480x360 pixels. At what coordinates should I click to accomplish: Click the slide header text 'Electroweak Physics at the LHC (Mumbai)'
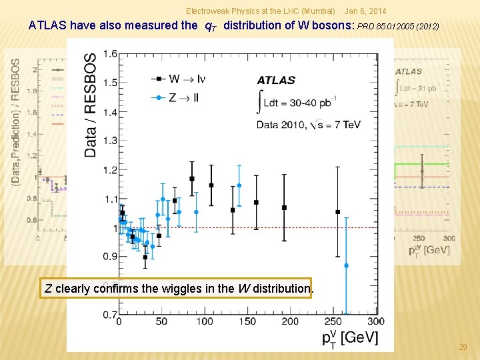260,11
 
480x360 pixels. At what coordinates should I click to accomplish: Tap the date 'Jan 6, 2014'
365,11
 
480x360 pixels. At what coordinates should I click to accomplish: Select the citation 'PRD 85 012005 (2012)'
398,27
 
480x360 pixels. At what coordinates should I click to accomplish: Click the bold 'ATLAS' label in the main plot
276,80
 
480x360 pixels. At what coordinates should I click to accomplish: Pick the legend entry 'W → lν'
187,79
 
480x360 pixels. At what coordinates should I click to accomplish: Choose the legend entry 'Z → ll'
185,97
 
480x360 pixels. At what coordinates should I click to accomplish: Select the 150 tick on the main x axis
247,321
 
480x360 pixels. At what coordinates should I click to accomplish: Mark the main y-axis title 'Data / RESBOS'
90,105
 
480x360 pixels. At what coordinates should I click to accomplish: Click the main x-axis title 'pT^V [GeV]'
349,337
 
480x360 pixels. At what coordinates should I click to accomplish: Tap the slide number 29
463,347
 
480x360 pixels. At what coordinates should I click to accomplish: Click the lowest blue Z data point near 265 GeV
346,265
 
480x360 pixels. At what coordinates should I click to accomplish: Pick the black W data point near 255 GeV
337,212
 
